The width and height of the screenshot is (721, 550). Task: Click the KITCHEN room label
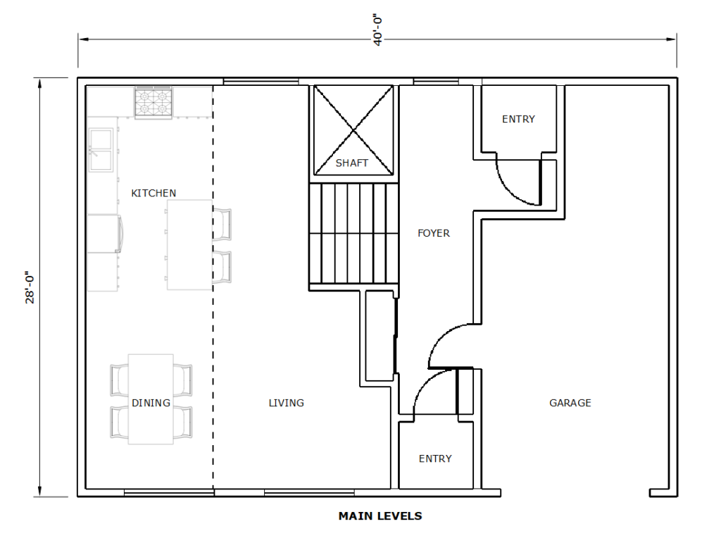(153, 193)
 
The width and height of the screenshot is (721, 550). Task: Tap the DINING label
(151, 403)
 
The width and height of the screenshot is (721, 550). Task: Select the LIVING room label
(286, 403)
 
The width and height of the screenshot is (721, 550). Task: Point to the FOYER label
(434, 233)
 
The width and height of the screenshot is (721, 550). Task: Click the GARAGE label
(570, 403)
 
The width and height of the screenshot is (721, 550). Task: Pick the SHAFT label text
(352, 163)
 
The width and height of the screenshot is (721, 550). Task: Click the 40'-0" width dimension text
(378, 31)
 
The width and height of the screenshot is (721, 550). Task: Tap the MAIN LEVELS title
(380, 516)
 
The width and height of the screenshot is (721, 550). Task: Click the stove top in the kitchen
(153, 102)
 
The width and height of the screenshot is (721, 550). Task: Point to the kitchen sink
(101, 150)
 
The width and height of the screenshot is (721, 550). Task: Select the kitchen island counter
(189, 244)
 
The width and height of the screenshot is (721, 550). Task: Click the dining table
(151, 399)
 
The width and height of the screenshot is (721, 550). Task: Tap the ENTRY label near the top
(519, 119)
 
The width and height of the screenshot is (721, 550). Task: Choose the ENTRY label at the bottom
(435, 458)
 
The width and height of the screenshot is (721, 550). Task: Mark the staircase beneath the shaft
(353, 234)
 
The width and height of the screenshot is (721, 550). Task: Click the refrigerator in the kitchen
(105, 233)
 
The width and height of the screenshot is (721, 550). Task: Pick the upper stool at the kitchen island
(222, 225)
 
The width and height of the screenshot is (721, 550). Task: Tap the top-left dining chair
(120, 380)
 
